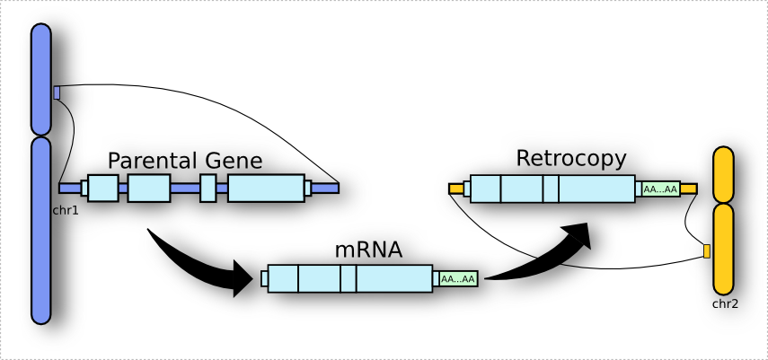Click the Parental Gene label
click(x=184, y=162)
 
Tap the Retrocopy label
click(x=570, y=159)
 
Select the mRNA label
click(x=368, y=250)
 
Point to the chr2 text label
click(x=724, y=303)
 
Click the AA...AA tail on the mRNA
click(x=457, y=279)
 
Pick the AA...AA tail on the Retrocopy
click(x=660, y=189)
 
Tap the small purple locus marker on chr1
click(x=57, y=92)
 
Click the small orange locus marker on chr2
click(x=706, y=250)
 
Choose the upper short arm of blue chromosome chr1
click(x=41, y=79)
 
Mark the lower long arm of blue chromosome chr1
click(x=41, y=229)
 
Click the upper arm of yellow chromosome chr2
click(x=723, y=173)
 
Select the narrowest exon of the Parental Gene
click(x=208, y=188)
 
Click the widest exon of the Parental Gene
click(x=266, y=188)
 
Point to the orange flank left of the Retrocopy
click(x=455, y=189)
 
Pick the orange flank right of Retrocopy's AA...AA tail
click(x=688, y=189)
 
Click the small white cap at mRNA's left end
click(x=264, y=279)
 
